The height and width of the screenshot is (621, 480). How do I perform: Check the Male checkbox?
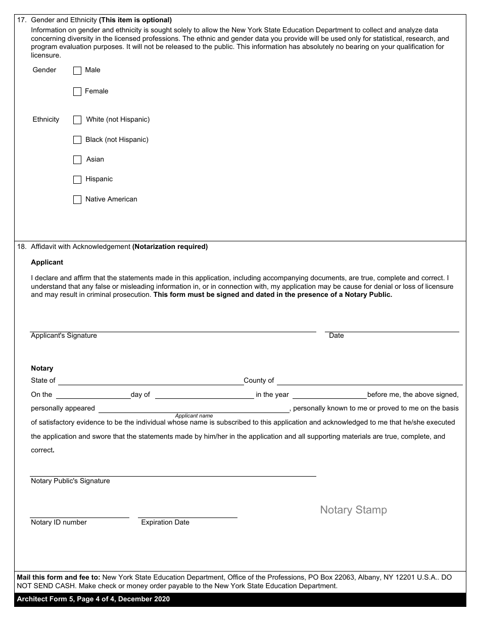point(77,71)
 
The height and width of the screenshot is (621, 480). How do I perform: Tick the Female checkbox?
point(77,92)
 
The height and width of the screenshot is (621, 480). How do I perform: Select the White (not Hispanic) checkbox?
point(77,120)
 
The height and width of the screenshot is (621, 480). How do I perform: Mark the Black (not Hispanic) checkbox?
point(77,140)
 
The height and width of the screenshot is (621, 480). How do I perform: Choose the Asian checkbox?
point(77,160)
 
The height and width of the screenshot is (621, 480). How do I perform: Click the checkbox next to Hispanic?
point(77,180)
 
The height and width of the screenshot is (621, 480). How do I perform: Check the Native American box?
point(77,200)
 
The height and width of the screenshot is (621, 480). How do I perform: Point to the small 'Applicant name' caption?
point(194,416)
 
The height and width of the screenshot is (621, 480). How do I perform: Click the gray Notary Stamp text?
point(353,510)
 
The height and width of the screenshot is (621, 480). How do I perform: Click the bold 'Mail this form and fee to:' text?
point(59,577)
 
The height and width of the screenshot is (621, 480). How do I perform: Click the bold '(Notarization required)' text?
point(170,247)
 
